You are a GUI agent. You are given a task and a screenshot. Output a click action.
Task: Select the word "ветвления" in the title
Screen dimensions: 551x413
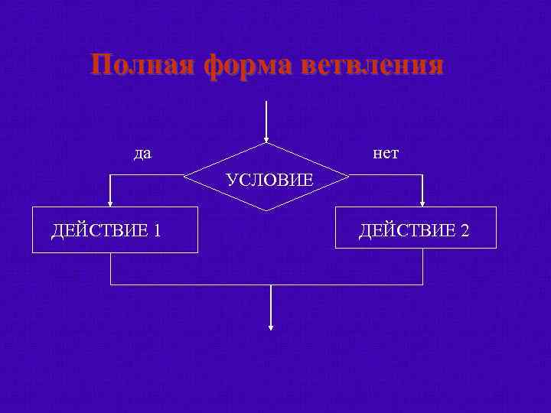372,65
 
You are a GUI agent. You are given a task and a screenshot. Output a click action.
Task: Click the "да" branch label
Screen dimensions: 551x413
142,154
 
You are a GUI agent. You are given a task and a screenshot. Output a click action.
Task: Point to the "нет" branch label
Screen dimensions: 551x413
386,154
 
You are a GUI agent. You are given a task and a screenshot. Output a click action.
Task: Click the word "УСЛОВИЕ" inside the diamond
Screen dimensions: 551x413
270,180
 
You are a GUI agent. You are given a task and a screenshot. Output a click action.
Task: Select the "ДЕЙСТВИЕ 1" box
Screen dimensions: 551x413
115,229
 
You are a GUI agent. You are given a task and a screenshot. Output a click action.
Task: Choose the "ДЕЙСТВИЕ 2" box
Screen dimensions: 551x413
416,229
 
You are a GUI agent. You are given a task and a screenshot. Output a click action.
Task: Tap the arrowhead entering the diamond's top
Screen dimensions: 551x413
266,139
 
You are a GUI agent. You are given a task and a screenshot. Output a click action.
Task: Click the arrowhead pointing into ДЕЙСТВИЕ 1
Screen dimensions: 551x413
111,203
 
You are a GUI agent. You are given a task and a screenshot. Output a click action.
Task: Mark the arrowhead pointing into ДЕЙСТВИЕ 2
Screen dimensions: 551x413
422,203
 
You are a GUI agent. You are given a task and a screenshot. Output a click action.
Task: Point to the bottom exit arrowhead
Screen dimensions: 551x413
270,327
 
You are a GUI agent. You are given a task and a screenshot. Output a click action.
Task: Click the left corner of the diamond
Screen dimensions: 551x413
184,177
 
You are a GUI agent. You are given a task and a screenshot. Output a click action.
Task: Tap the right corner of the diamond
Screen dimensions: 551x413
349,177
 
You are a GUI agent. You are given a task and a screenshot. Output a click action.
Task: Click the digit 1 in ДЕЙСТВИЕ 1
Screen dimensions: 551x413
156,229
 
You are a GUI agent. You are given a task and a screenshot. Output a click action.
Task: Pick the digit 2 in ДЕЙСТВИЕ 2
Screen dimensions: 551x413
464,229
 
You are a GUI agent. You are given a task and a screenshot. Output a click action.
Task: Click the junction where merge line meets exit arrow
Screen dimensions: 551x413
270,285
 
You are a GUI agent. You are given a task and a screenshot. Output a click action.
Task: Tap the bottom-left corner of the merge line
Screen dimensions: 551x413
111,285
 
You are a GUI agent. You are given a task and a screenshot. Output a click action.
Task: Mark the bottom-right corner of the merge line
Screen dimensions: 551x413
422,285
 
